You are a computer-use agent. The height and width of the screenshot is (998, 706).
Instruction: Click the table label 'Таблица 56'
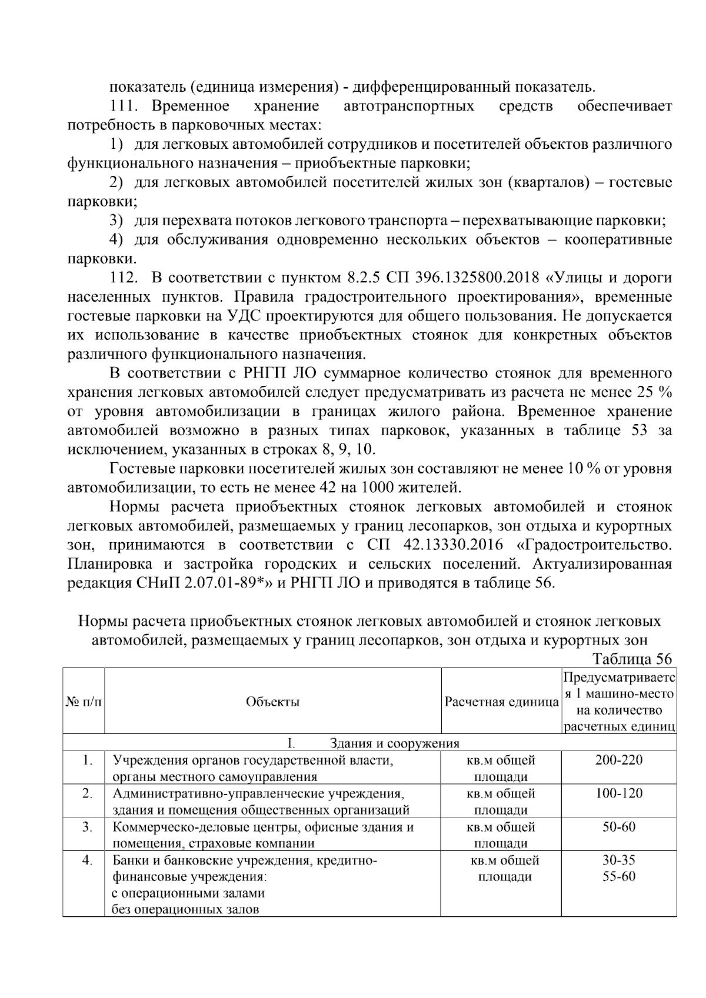pos(632,659)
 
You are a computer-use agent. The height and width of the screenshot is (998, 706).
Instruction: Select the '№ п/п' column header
pos(84,702)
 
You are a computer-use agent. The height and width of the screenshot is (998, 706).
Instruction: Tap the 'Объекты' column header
pos(272,702)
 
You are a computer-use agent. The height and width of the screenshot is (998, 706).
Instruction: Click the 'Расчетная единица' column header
pos(501,702)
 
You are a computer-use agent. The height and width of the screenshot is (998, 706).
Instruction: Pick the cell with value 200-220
pos(618,760)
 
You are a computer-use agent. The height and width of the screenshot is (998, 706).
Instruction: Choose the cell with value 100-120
pos(618,794)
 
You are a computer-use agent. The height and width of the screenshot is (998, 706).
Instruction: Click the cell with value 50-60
pos(618,827)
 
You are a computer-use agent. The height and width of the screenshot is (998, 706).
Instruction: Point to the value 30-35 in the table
pos(618,860)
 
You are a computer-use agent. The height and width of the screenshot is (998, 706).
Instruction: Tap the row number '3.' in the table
pos(87,827)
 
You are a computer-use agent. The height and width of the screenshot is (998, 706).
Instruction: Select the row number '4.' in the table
pos(87,860)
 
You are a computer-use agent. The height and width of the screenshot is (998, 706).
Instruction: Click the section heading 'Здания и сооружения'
pos(395,743)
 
